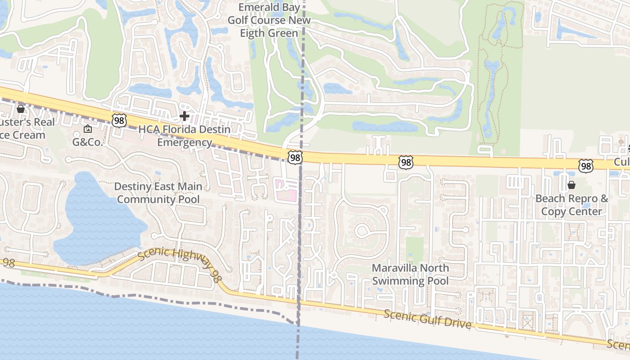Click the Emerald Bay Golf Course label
point(269,20)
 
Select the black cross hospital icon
point(184,117)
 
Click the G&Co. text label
point(88,142)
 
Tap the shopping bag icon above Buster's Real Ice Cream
point(20,109)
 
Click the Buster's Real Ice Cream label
point(25,129)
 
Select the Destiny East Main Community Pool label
point(158,193)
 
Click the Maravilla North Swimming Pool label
point(410,274)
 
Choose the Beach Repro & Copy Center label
point(571,205)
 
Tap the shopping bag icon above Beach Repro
point(571,185)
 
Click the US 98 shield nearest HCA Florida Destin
point(119,120)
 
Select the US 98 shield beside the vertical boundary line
point(295,157)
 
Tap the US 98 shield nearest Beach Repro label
point(585,166)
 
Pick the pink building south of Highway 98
point(286,189)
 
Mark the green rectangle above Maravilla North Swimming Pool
point(414,250)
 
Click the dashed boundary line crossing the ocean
point(297,342)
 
